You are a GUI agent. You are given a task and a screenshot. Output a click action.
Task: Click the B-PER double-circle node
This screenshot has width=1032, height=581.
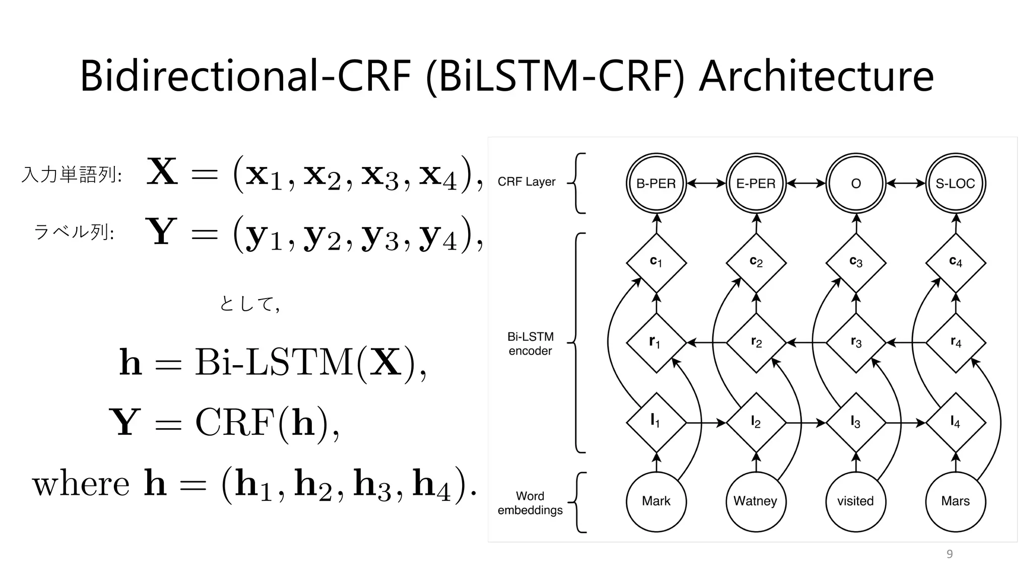(x=656, y=184)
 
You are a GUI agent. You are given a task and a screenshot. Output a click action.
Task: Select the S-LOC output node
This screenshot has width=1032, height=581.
(x=955, y=184)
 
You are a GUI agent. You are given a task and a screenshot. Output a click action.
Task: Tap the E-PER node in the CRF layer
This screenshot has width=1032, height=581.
(x=756, y=184)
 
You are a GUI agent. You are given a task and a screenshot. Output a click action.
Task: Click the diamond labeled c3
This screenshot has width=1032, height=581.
(x=856, y=262)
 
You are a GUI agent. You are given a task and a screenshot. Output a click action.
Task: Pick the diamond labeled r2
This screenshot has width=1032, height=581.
(x=756, y=343)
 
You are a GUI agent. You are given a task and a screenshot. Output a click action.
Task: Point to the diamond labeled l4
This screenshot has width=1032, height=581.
(x=955, y=422)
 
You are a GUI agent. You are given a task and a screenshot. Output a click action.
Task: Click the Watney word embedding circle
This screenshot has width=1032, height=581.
(x=756, y=501)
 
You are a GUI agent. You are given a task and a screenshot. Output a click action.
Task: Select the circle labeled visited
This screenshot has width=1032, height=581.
(x=856, y=501)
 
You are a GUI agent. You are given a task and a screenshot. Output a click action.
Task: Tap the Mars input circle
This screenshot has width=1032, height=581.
(x=955, y=501)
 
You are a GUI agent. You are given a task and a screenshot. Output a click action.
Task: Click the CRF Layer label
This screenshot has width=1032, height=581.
(x=526, y=182)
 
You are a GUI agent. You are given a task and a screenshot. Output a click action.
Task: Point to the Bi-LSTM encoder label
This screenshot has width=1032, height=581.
(x=530, y=343)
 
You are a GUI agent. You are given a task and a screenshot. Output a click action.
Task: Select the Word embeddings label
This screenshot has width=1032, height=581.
(x=530, y=503)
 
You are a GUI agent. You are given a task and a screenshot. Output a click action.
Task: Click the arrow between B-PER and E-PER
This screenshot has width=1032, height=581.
(x=706, y=184)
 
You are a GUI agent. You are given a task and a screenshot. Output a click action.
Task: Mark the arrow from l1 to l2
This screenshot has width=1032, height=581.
(x=706, y=423)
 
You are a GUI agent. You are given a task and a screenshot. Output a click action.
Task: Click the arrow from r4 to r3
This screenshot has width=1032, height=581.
(x=906, y=343)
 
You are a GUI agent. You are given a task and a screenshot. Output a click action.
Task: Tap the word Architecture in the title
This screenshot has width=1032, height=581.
(x=816, y=77)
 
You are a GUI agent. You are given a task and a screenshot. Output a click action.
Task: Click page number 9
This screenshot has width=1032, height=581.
(x=949, y=554)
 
